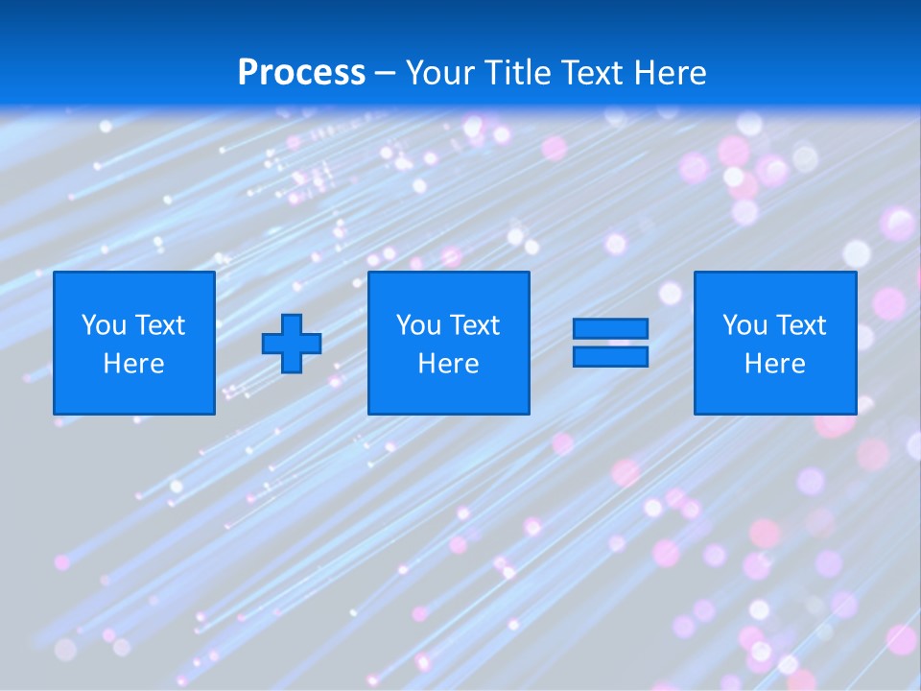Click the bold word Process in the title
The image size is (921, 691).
(301, 73)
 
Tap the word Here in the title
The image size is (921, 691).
(669, 73)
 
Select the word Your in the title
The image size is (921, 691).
(441, 73)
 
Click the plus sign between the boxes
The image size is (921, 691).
(292, 344)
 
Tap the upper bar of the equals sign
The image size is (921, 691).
(610, 329)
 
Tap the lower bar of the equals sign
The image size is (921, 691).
(610, 356)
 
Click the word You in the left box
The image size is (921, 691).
(103, 325)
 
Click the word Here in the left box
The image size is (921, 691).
(133, 364)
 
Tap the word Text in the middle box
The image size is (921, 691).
(474, 325)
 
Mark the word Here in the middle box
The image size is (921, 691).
(448, 364)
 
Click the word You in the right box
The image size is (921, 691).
(744, 325)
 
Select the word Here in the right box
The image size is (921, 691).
(774, 364)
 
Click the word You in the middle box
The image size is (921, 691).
(417, 325)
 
